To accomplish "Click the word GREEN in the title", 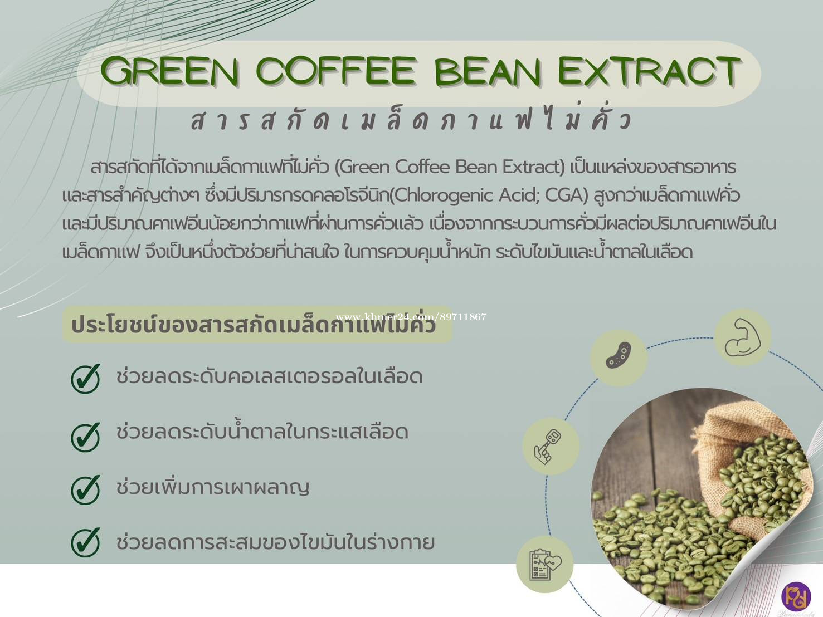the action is coord(170,71).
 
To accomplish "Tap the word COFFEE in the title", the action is coord(336,71).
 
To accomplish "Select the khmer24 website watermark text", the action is coord(411,317).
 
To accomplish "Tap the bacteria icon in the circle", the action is coord(619,355).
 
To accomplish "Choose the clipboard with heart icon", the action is coord(545,565).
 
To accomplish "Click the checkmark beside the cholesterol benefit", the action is coord(86,378).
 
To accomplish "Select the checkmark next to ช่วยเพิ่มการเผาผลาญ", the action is coord(86,489).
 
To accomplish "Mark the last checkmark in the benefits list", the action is coord(86,542).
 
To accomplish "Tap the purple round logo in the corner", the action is coord(796,597).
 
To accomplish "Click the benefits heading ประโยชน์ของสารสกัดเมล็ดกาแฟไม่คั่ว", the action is coord(254,325).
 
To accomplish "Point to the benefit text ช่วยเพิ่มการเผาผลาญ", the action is coord(213,487).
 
